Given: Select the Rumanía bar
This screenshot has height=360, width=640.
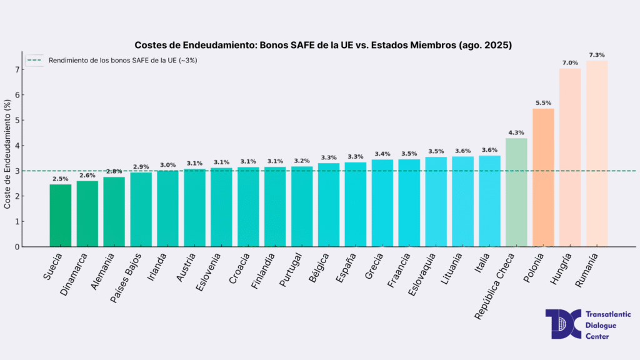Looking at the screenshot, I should tap(596, 154).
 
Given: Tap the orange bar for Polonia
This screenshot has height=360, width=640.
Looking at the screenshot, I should tap(542, 177).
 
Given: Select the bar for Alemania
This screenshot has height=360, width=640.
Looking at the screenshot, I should tap(114, 212).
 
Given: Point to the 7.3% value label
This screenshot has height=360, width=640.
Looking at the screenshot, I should tap(597, 55).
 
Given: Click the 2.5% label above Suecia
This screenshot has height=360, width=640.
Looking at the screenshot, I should tap(61, 179).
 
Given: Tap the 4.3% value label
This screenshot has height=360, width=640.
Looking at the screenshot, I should tap(516, 132).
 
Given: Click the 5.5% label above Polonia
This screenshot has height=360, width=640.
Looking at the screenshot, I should tap(543, 102).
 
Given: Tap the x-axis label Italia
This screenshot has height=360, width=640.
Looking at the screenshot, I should tap(482, 264).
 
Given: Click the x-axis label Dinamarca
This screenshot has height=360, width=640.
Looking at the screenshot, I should tap(76, 274).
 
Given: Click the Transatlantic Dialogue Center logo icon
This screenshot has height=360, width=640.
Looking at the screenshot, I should tap(562, 324).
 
